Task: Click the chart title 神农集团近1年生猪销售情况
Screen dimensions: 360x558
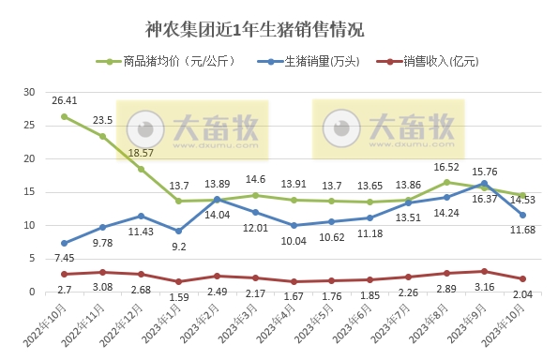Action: click(x=255, y=31)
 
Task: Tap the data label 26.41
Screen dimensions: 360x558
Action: click(x=65, y=100)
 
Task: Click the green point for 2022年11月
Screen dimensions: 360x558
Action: click(x=102, y=136)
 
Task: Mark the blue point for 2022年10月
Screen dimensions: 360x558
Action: click(x=64, y=243)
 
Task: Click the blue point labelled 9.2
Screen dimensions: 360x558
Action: click(x=178, y=231)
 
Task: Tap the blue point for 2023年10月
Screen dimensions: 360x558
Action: click(x=522, y=215)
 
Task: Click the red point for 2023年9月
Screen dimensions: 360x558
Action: click(x=484, y=271)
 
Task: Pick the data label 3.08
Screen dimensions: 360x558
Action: click(x=102, y=287)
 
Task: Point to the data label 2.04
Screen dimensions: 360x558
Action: click(x=522, y=294)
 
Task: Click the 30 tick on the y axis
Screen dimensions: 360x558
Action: click(x=28, y=92)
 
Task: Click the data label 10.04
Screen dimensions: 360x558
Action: click(x=294, y=241)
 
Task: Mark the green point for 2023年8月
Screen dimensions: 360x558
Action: click(x=446, y=182)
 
